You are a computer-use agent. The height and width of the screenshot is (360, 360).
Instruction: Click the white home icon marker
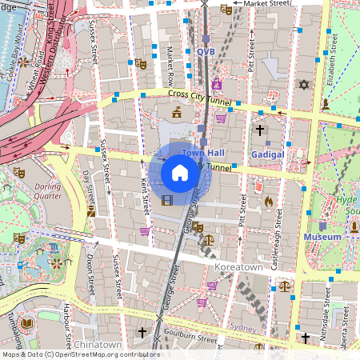180,172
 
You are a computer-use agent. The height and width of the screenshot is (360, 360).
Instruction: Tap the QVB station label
206,51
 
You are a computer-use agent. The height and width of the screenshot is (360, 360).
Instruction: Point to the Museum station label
322,237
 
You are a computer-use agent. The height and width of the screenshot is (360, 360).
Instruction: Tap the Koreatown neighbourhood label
240,265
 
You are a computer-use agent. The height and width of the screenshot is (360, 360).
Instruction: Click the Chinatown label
97,344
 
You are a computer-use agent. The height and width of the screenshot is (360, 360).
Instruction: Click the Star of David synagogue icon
303,84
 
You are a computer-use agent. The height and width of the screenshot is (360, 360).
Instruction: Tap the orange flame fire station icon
268,202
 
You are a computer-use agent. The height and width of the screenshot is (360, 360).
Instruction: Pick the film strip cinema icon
166,200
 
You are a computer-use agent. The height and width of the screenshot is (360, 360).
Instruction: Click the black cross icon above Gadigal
259,129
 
